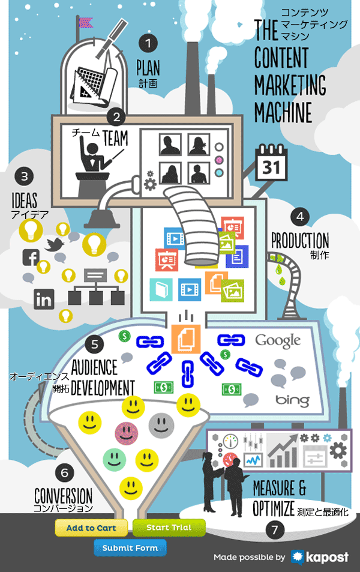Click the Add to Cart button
pyautogui.click(x=91, y=528)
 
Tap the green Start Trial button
pyautogui.click(x=169, y=527)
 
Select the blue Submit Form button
pyautogui.click(x=130, y=547)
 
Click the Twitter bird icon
pyautogui.click(x=54, y=244)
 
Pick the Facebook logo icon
pyautogui.click(x=31, y=257)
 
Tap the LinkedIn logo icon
pyautogui.click(x=44, y=299)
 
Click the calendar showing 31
pyautogui.click(x=271, y=163)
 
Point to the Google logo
pyautogui.click(x=278, y=341)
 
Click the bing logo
pyautogui.click(x=293, y=400)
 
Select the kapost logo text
pyautogui.click(x=327, y=557)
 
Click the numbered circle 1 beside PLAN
pyautogui.click(x=148, y=43)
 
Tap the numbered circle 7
pyautogui.click(x=275, y=529)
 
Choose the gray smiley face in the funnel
pyautogui.click(x=161, y=426)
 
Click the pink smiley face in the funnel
pyautogui.click(x=126, y=433)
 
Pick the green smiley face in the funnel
pyautogui.click(x=114, y=460)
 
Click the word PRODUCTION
pyautogui.click(x=300, y=241)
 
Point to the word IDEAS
pyautogui.click(x=25, y=200)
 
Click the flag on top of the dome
pyautogui.click(x=85, y=23)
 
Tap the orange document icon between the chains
pyautogui.click(x=186, y=339)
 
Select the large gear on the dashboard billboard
pyautogui.click(x=338, y=451)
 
